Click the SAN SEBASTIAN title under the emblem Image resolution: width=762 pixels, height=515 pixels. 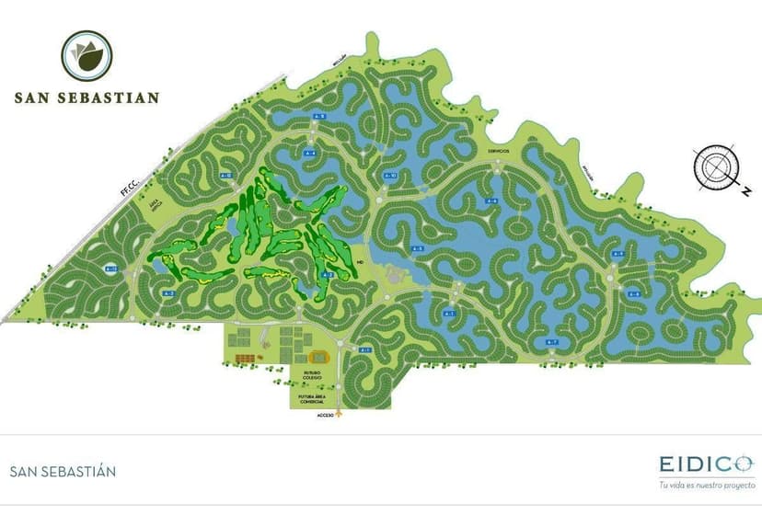(87, 97)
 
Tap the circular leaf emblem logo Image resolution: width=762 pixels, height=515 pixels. (87, 56)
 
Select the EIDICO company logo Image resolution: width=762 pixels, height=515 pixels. (705, 464)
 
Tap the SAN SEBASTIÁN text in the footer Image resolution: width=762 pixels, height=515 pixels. (63, 472)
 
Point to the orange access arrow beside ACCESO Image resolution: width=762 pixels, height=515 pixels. (341, 413)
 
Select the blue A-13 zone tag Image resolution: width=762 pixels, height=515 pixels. (111, 269)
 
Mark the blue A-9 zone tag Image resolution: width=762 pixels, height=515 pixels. (618, 254)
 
